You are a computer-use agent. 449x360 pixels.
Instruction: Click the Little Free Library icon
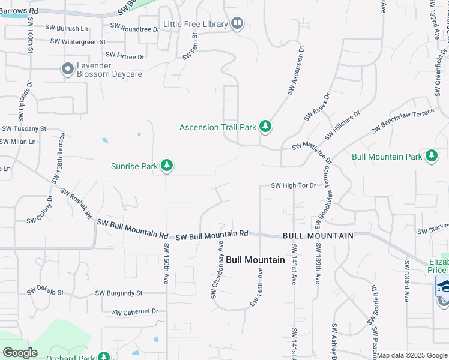tap(237, 24)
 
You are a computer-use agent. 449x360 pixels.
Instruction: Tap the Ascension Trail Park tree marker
tap(265, 127)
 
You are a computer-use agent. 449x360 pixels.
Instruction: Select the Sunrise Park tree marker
tap(166, 166)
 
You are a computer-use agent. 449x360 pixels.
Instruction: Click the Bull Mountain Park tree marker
tap(431, 157)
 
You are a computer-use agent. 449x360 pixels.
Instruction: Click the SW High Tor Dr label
tap(294, 185)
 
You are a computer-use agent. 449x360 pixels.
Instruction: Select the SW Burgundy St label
tap(119, 293)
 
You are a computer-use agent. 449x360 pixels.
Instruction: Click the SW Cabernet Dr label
tap(135, 311)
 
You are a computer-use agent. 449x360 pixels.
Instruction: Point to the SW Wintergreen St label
tap(78, 42)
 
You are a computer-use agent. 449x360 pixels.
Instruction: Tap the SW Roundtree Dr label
tap(132, 28)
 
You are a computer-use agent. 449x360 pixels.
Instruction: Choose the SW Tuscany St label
tap(24, 129)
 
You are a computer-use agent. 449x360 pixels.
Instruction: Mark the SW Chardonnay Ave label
tap(217, 270)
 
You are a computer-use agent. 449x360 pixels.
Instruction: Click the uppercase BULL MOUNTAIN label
tap(318, 236)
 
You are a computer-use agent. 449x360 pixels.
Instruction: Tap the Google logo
tap(20, 353)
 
